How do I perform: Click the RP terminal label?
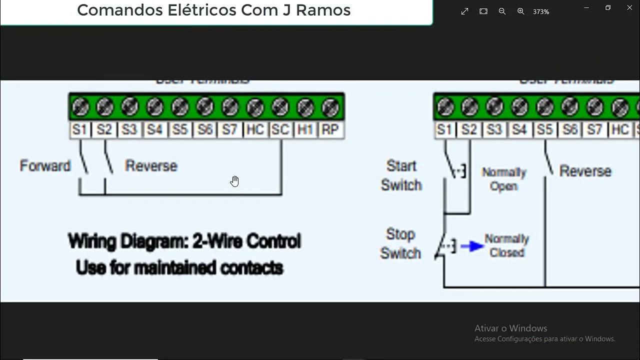(330, 130)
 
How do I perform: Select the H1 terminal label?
(305, 130)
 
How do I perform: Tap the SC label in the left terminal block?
(280, 130)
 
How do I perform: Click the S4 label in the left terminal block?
(154, 130)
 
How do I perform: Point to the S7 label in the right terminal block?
(594, 130)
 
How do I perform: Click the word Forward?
(45, 166)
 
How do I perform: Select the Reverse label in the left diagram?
(151, 166)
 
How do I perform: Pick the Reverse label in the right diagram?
(585, 171)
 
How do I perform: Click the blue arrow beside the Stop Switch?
(472, 246)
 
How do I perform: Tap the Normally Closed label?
(506, 245)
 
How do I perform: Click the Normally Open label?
(504, 179)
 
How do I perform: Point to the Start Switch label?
(401, 175)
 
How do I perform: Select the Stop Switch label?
(400, 243)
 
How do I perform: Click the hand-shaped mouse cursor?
(234, 181)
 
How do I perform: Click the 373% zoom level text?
(541, 11)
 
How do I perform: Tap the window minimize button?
(587, 7)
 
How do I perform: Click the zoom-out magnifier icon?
(502, 11)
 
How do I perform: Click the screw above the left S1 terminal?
(80, 106)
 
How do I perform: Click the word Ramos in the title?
(323, 10)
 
